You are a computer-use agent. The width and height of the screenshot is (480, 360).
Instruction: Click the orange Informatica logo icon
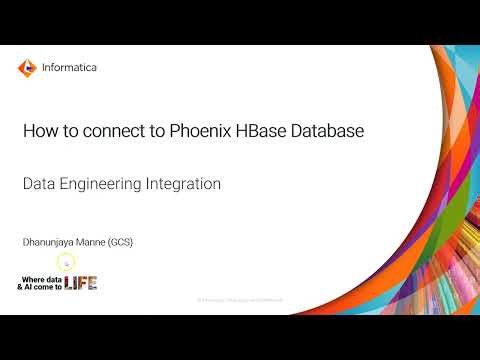27,68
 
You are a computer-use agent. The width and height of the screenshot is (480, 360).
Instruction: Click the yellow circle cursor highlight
66,262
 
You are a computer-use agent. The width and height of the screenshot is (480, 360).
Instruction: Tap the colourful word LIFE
80,283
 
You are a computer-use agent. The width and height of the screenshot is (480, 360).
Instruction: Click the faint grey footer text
240,300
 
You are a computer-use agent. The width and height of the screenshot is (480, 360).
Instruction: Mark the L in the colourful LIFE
68,283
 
